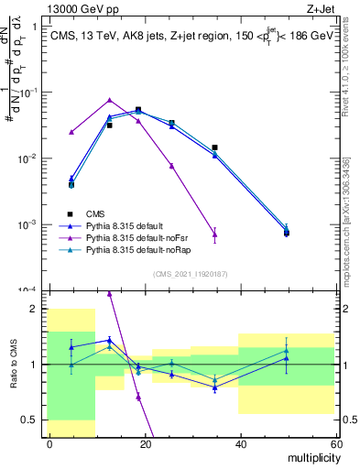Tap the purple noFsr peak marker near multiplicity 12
[x=109, y=100]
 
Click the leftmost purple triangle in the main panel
[x=71, y=132]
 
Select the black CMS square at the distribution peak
[x=138, y=110]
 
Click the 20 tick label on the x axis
[x=144, y=444]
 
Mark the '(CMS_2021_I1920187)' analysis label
[x=191, y=274]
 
